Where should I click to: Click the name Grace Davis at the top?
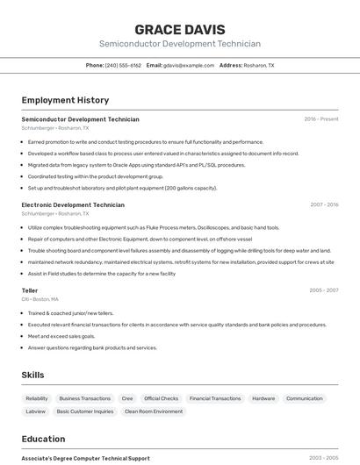tap(179, 29)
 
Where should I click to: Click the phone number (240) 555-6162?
tap(123, 65)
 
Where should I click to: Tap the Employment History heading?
tap(65, 100)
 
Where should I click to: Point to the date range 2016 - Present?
tap(320, 119)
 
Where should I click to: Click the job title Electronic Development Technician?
tap(73, 204)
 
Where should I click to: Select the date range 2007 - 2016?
tap(323, 204)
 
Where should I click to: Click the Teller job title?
tap(30, 290)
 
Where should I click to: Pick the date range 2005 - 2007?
tap(323, 290)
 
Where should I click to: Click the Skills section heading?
tap(32, 375)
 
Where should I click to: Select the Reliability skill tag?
tap(37, 398)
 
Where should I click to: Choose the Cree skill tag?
tap(127, 398)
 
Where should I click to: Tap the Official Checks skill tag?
tap(161, 398)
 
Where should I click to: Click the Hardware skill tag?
tap(263, 398)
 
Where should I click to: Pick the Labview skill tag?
tap(35, 411)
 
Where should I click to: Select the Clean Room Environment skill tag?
tap(154, 411)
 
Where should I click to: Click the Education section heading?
tap(43, 439)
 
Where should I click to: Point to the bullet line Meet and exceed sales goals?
tap(61, 336)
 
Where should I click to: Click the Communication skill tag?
tap(305, 398)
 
